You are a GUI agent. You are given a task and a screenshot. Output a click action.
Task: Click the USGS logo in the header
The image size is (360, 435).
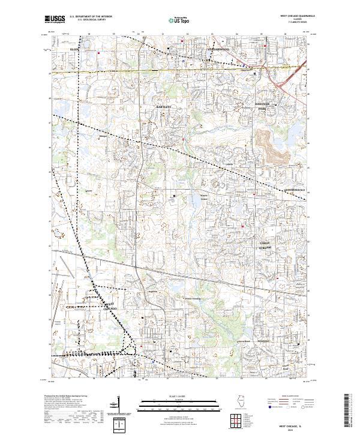[55, 19]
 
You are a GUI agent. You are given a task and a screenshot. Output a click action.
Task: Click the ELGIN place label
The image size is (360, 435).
[74, 49]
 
